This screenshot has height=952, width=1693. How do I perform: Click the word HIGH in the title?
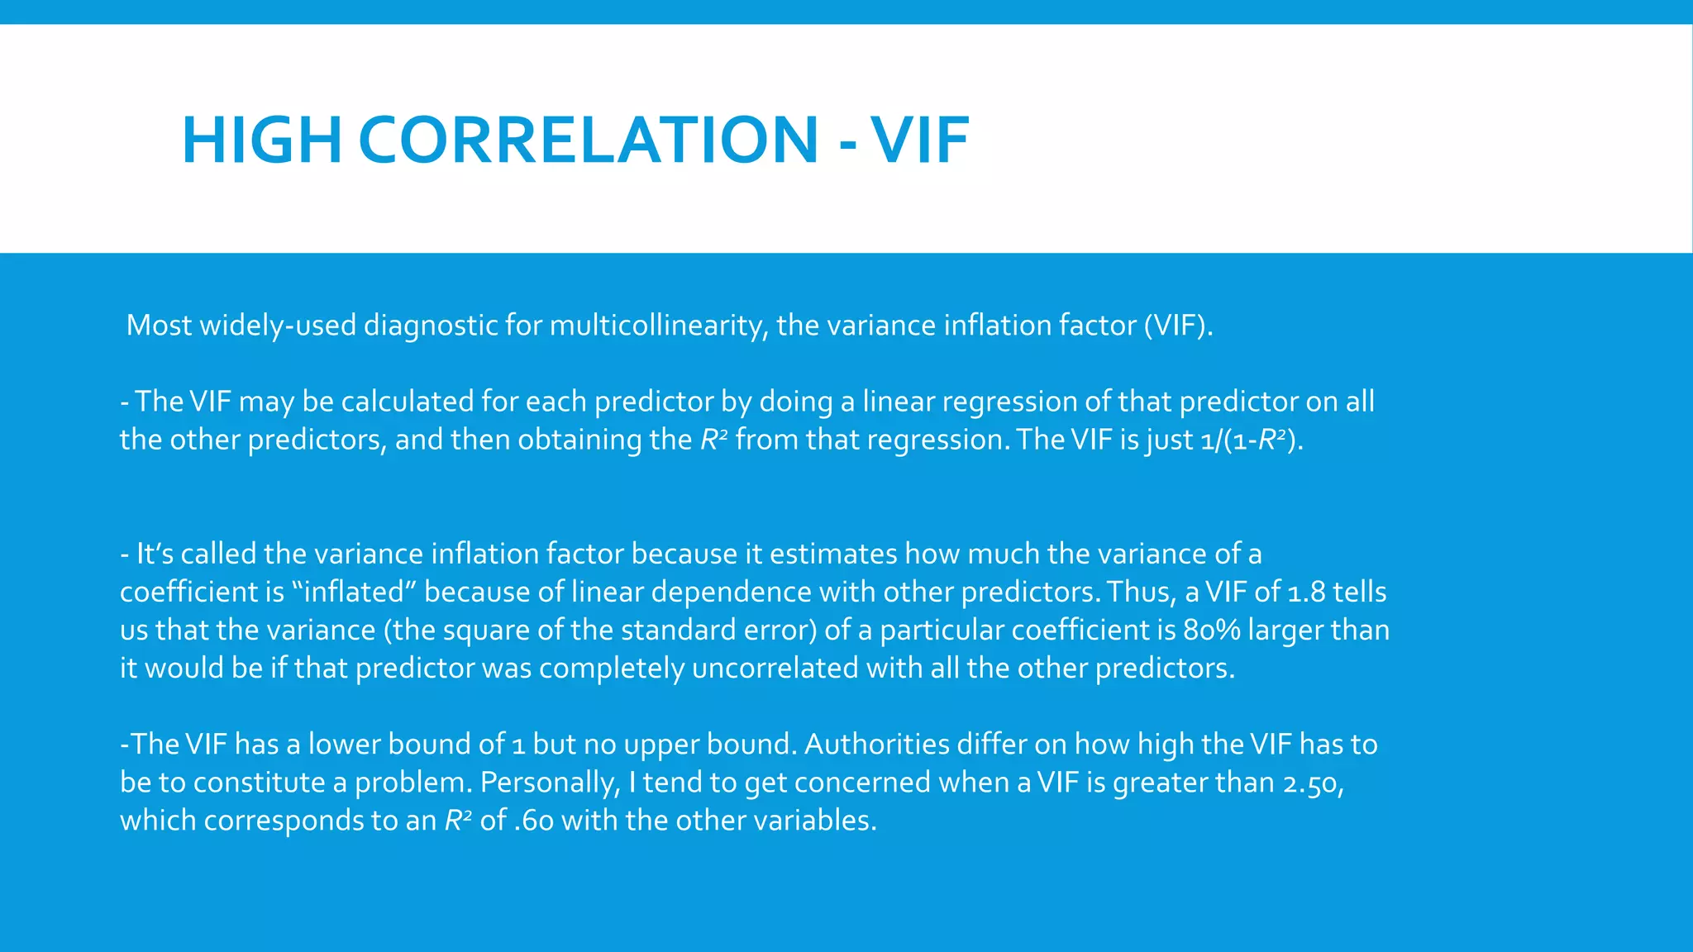[x=261, y=140]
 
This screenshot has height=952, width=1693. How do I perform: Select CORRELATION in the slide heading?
[x=588, y=140]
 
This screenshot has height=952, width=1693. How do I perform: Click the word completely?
[x=611, y=668]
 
